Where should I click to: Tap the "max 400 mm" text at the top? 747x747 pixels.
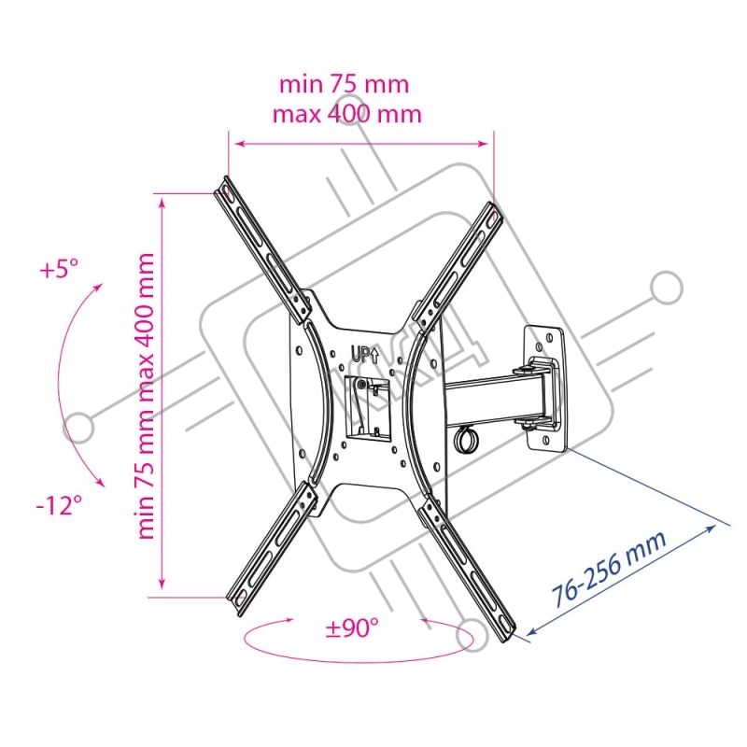tap(347, 114)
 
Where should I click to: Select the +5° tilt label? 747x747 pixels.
tap(60, 269)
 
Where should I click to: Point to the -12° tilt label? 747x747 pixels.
tap(60, 505)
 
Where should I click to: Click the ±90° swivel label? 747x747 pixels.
tap(353, 628)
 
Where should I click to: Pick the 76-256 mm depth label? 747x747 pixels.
tap(609, 568)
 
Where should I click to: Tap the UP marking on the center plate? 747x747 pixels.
tap(365, 354)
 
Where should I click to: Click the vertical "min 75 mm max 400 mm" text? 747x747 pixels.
tap(146, 396)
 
